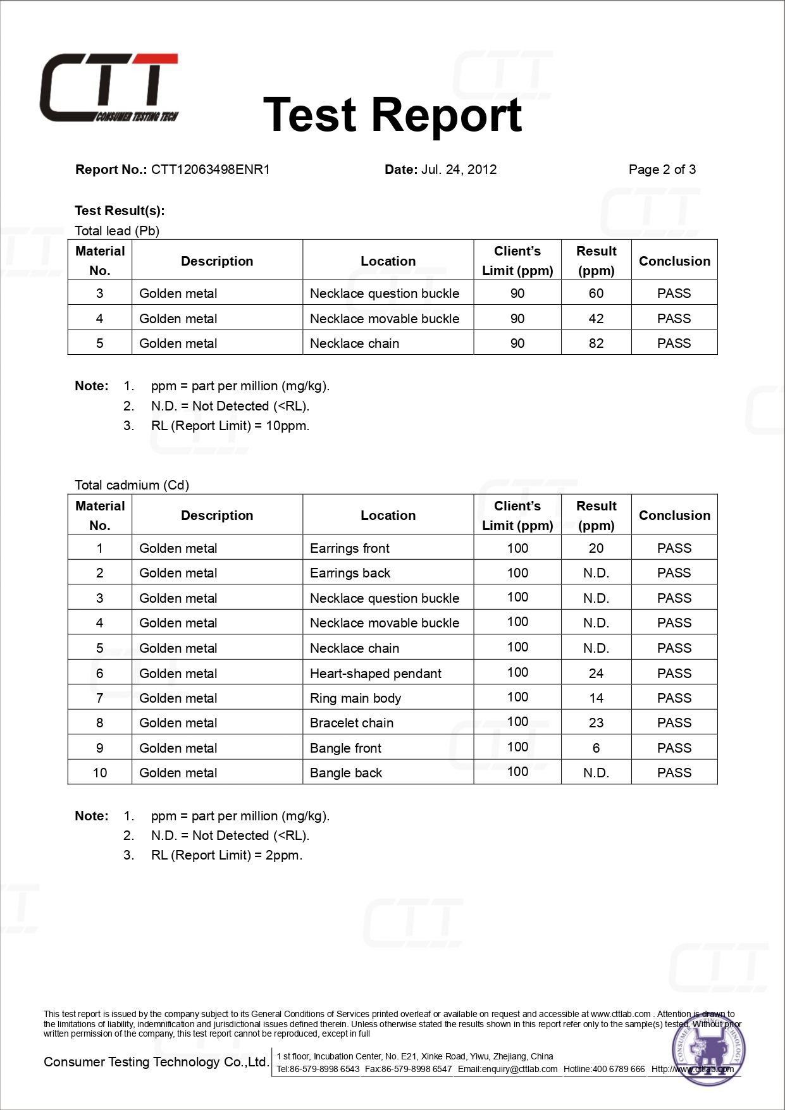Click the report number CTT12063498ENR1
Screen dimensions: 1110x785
210,170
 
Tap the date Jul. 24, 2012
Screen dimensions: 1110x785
459,170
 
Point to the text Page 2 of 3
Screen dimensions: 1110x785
662,170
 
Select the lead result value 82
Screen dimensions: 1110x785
596,343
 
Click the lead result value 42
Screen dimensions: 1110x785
596,319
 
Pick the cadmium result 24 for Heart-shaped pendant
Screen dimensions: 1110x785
596,674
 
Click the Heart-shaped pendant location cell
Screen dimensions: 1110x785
376,674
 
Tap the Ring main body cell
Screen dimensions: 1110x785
355,698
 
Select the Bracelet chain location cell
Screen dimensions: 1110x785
352,723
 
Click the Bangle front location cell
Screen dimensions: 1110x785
345,748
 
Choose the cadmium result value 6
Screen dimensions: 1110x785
596,748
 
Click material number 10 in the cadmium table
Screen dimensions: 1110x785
100,773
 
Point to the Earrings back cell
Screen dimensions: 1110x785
350,573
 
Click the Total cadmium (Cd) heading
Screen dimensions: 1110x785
132,485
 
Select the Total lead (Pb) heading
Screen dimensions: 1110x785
117,231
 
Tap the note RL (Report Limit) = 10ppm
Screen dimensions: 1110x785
230,426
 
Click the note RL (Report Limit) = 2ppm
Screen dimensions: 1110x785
226,855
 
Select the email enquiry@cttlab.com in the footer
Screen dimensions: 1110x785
508,1069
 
